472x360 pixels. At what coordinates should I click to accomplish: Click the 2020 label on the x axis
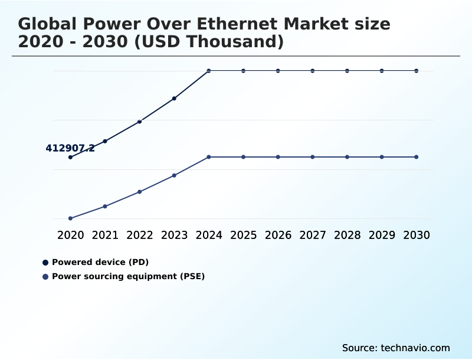pos(70,235)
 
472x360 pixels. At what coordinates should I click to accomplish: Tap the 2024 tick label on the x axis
pos(209,235)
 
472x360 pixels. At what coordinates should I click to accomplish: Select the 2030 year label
pos(417,235)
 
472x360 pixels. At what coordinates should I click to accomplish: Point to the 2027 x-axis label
pos(313,235)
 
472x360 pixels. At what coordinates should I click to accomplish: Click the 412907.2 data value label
pos(70,148)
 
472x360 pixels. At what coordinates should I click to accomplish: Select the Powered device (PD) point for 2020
pos(70,157)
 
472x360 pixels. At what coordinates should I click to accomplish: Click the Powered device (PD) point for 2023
pos(174,99)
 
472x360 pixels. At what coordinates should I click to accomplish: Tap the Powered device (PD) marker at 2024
pos(209,71)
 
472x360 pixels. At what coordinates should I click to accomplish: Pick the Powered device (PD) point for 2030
pos(417,71)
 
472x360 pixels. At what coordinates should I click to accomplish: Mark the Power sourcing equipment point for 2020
pos(70,218)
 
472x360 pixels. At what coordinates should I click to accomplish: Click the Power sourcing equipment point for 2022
pos(140,192)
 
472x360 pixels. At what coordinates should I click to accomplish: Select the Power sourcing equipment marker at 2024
pos(209,157)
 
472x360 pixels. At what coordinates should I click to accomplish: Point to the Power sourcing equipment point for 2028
pos(347,157)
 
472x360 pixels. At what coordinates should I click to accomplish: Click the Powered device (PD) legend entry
pos(99,262)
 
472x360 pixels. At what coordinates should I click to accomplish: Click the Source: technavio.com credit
pos(396,348)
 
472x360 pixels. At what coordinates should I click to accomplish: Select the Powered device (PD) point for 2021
pos(105,141)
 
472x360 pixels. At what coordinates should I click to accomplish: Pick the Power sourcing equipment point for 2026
pos(278,157)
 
